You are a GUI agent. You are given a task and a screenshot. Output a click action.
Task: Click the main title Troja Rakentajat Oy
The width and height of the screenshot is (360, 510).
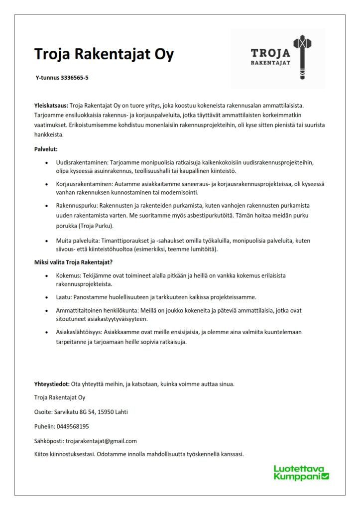click(x=104, y=54)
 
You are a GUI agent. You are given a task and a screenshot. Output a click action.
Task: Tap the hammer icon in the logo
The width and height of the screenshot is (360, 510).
click(x=301, y=57)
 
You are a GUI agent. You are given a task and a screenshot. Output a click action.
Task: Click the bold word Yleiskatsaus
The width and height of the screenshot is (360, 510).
click(x=51, y=106)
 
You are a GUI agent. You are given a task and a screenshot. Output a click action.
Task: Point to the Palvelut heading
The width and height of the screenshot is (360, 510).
click(x=46, y=148)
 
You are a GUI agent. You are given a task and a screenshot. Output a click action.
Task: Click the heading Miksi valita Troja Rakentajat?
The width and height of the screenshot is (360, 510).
click(x=77, y=262)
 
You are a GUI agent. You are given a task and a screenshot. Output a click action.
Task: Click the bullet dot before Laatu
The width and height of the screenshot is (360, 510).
click(x=46, y=297)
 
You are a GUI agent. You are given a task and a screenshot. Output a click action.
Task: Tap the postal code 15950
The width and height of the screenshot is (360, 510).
click(x=106, y=412)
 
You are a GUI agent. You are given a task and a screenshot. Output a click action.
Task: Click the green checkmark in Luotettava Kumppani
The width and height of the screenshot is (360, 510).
click(x=326, y=477)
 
